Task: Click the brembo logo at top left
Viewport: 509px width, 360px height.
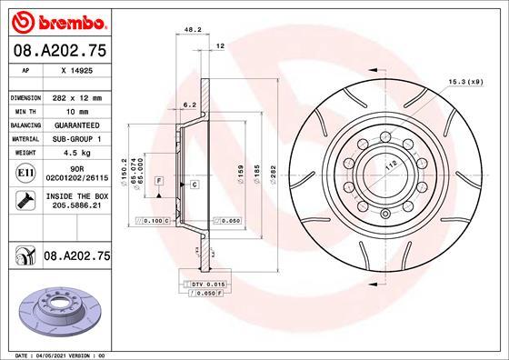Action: coord(55,19)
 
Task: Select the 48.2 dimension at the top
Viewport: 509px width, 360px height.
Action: coord(192,29)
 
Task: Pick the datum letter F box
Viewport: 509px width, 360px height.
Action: coord(159,183)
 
